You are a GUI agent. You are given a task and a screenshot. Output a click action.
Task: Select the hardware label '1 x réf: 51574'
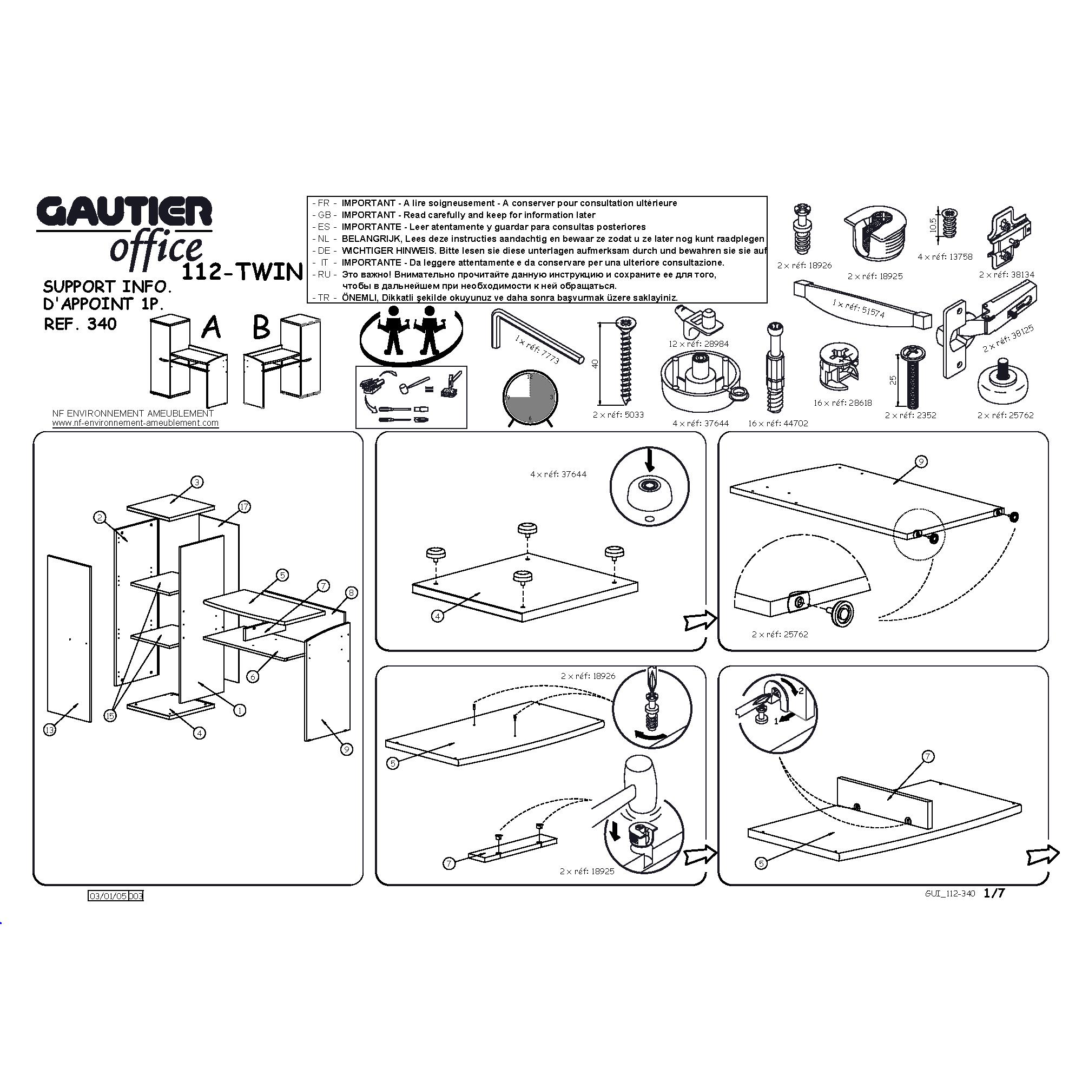(x=858, y=308)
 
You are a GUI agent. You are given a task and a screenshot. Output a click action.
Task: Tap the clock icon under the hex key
(x=529, y=398)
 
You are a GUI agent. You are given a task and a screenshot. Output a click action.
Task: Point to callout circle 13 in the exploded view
(x=50, y=730)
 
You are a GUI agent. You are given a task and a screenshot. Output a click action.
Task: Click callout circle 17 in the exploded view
(x=244, y=507)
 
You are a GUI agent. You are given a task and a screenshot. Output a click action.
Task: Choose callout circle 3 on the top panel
(x=196, y=481)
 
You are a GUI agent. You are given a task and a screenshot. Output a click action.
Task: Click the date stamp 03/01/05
(x=108, y=895)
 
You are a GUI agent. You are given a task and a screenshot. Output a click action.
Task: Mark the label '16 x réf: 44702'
(x=778, y=424)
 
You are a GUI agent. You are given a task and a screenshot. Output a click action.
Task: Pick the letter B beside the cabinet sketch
(x=261, y=327)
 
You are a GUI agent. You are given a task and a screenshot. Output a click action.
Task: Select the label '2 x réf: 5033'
(x=618, y=415)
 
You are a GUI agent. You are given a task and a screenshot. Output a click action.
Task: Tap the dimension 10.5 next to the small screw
(x=933, y=225)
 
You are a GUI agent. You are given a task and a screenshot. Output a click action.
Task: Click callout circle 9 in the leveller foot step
(x=921, y=461)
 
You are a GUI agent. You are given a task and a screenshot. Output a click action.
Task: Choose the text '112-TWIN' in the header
(x=242, y=272)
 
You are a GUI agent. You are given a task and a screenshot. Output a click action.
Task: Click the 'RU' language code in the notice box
(x=324, y=274)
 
